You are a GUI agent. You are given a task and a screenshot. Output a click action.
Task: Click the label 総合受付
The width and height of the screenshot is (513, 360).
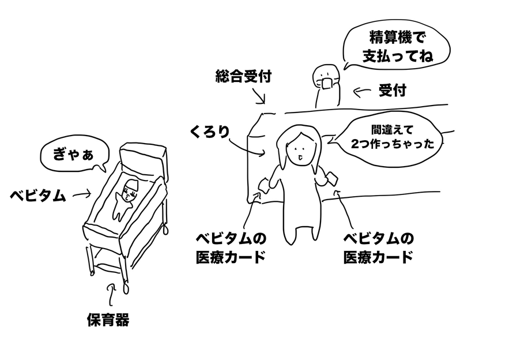(243, 76)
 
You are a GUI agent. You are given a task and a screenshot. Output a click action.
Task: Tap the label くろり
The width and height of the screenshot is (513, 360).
(209, 132)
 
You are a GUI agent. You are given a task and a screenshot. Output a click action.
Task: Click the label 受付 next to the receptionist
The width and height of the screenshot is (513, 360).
(393, 91)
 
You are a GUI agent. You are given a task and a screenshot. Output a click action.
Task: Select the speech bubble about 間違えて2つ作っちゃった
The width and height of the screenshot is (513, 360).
(392, 138)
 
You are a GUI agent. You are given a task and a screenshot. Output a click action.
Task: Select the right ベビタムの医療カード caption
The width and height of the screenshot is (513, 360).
(378, 247)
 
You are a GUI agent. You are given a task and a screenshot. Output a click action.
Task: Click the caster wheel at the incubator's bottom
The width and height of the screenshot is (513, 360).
(126, 287)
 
